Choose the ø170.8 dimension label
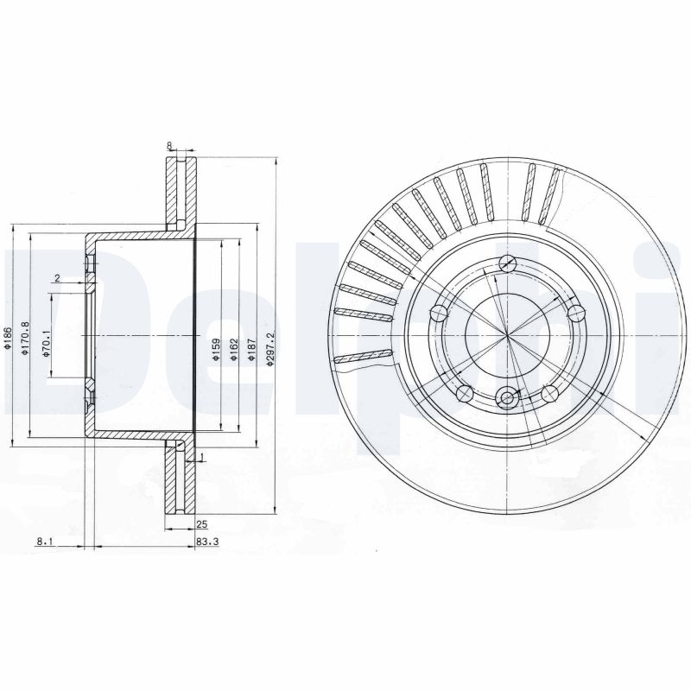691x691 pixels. click(x=26, y=336)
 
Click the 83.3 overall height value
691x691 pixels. click(x=205, y=542)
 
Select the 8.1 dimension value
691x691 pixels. click(x=45, y=542)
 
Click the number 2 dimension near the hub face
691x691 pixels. click(x=56, y=278)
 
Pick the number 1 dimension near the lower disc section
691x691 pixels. click(x=201, y=456)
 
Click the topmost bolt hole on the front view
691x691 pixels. click(x=508, y=265)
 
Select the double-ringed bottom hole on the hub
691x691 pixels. click(x=508, y=398)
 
